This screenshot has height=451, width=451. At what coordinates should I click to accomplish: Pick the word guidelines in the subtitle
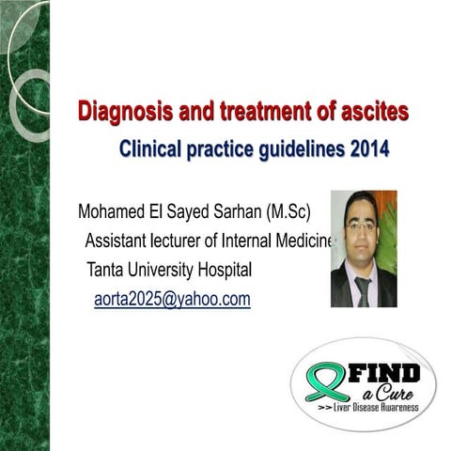(x=279, y=148)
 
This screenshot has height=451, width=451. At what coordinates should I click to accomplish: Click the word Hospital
(x=224, y=271)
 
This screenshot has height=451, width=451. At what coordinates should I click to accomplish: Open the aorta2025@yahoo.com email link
(x=172, y=300)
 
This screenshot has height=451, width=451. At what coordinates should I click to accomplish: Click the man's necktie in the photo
(x=363, y=288)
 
